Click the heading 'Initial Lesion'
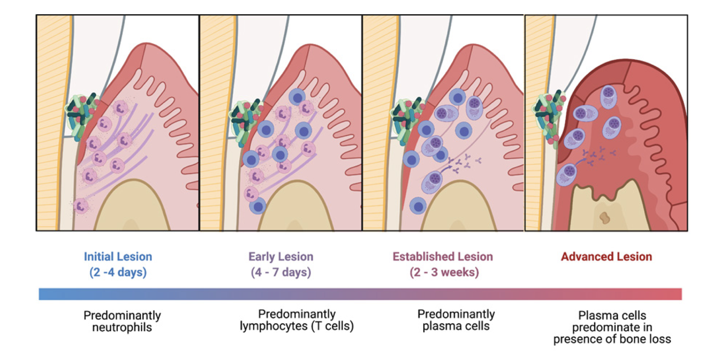[x=118, y=256]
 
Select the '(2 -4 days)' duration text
[x=118, y=272]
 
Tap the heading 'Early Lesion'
[x=281, y=256]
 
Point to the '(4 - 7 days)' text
[x=281, y=272]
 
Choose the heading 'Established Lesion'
[x=442, y=256]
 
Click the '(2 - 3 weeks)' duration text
[x=444, y=272]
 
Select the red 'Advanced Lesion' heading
[x=606, y=256]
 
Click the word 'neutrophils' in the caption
[x=122, y=328]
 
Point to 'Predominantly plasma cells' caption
[x=456, y=320]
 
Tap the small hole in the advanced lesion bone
[x=604, y=218]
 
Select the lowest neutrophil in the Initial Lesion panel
[x=81, y=206]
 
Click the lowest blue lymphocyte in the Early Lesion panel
[x=258, y=206]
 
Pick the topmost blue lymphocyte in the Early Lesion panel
[x=297, y=97]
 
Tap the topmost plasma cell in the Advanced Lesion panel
[x=608, y=96]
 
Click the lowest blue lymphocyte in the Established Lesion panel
[x=418, y=206]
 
